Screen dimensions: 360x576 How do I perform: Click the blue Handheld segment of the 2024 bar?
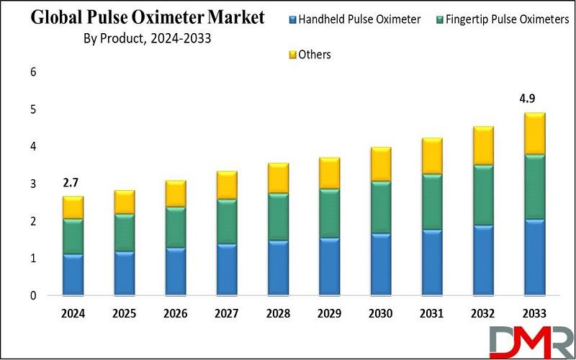pos(73,274)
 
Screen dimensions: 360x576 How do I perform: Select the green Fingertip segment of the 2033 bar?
pos(534,187)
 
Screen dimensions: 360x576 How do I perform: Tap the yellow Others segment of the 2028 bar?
pos(277,178)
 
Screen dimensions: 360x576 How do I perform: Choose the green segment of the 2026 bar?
pos(175,228)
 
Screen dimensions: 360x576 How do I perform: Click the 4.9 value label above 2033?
pos(534,98)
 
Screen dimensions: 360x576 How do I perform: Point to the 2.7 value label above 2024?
pos(73,182)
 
